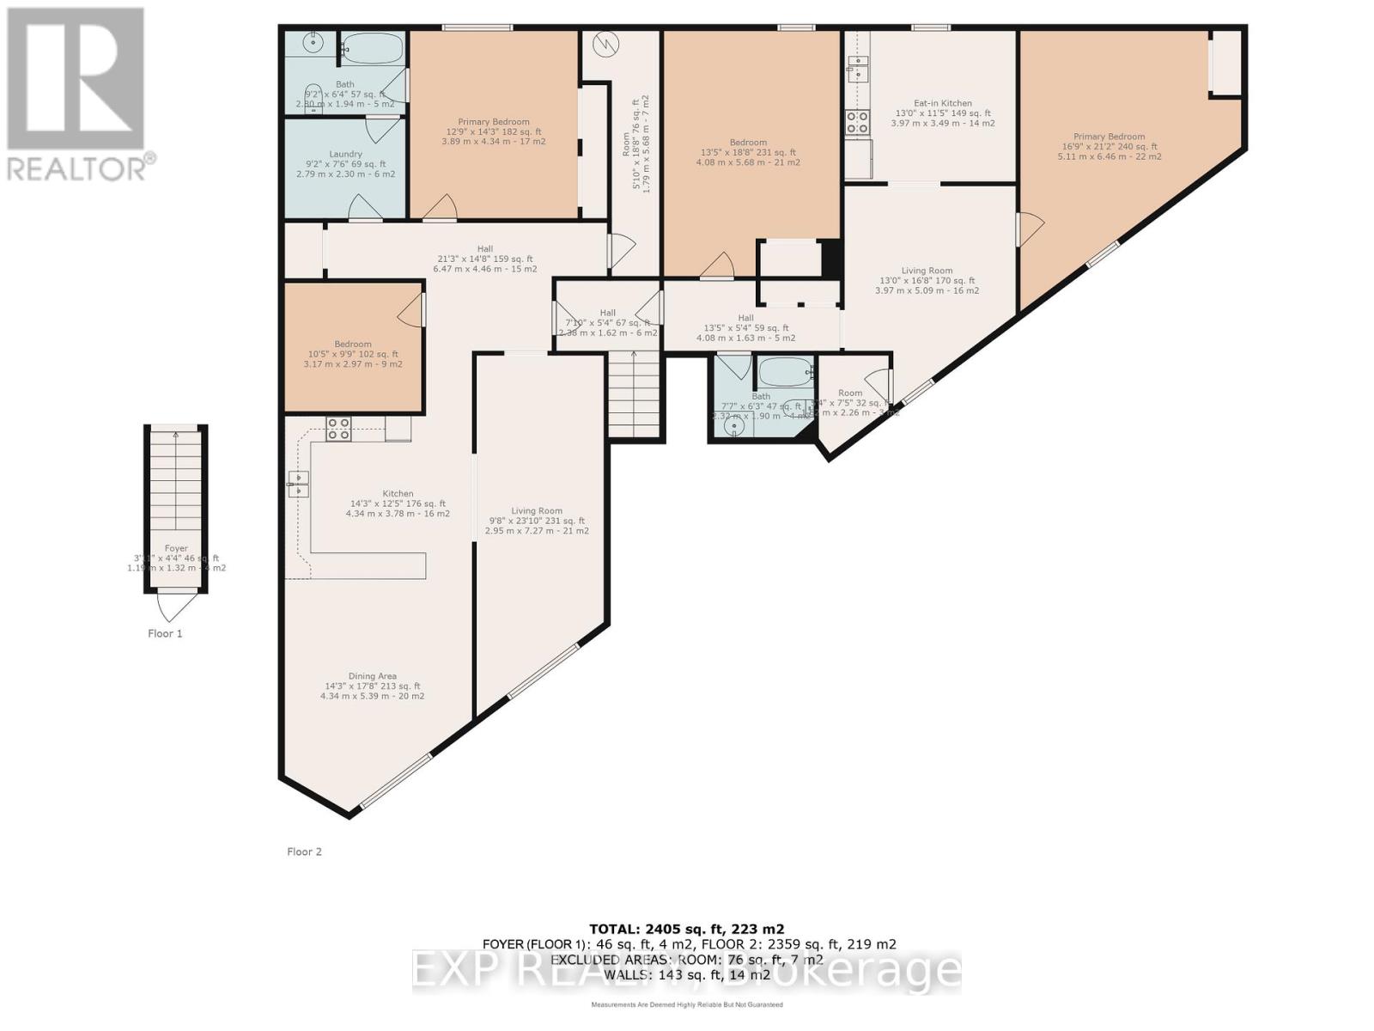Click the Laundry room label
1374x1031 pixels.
345,155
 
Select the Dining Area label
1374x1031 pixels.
372,676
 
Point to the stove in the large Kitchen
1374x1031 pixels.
338,429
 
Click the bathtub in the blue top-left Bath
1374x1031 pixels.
372,49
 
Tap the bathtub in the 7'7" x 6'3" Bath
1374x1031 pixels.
785,374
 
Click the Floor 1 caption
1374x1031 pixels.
165,634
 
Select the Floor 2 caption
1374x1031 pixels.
304,851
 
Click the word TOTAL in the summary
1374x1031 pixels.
613,929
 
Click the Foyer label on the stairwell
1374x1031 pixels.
176,548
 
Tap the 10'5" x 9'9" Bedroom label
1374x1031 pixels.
353,344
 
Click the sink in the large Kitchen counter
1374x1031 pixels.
298,484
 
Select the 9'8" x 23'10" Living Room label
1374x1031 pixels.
537,511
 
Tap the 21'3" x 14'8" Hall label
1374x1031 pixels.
485,249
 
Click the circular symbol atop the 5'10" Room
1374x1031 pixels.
607,44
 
